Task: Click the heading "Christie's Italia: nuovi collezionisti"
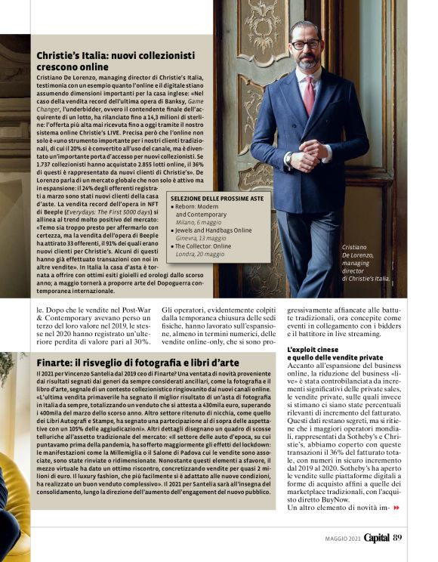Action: click(116, 55)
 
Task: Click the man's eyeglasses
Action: click(306, 45)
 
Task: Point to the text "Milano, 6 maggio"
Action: click(200, 223)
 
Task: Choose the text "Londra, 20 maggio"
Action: click(202, 254)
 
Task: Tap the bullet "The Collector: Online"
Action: click(204, 246)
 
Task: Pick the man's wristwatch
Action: click(289, 157)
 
